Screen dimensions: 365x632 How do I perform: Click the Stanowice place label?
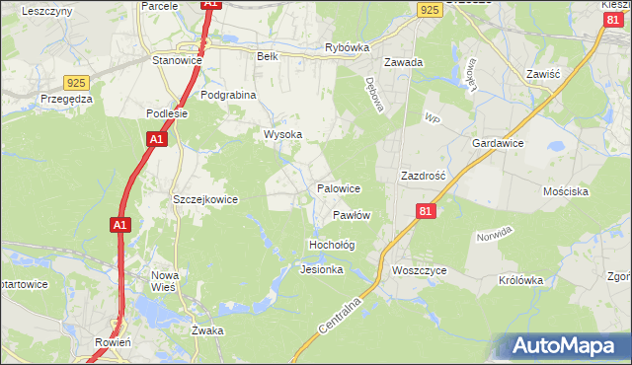tap(177, 60)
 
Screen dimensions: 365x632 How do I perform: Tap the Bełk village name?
tap(267, 56)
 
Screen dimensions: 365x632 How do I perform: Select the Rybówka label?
tap(347, 47)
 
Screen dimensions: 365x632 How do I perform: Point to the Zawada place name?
tap(404, 62)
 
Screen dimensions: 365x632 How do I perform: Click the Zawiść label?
tap(543, 74)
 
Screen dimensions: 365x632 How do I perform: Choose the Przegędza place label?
tap(66, 99)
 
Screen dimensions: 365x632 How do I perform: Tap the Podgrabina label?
tap(228, 95)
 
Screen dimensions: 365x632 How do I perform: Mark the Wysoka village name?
tap(282, 134)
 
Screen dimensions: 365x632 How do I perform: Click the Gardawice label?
tap(497, 143)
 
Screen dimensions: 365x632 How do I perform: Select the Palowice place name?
tap(338, 187)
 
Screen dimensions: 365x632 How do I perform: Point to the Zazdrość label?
tap(424, 175)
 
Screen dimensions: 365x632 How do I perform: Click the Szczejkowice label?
tap(205, 199)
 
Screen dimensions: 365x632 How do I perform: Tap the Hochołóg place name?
tap(332, 244)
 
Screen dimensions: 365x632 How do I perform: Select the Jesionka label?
tap(322, 269)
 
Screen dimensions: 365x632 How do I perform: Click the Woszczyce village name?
tap(419, 270)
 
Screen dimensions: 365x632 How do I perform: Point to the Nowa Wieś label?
tap(163, 281)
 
